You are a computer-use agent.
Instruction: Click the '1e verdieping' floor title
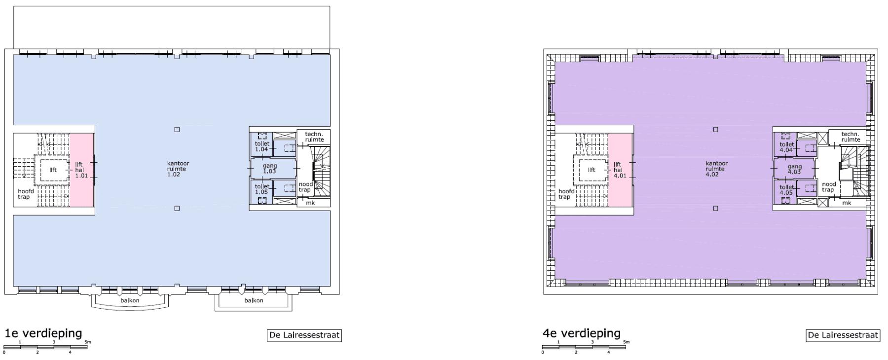(x=43, y=334)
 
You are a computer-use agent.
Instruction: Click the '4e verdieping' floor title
(x=582, y=334)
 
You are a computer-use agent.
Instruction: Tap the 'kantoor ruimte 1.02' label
(x=178, y=169)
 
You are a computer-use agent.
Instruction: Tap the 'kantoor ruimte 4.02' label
(x=716, y=169)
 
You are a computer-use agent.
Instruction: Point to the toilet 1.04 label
(x=262, y=146)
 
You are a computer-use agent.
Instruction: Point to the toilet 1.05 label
(x=262, y=189)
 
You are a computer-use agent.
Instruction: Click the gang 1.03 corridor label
(x=270, y=169)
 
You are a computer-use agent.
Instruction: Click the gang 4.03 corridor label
(x=794, y=169)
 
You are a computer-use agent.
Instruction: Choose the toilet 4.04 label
(x=787, y=147)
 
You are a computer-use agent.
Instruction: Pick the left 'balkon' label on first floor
(x=130, y=300)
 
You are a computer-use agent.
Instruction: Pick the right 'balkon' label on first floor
(x=254, y=300)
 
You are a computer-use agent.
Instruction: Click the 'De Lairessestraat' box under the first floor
(x=304, y=335)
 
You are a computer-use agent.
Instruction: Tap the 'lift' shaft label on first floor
(x=53, y=170)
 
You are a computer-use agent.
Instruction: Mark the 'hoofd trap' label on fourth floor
(x=564, y=194)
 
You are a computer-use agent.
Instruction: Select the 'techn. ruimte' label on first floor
(x=314, y=137)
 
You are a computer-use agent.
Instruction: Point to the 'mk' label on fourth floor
(x=847, y=203)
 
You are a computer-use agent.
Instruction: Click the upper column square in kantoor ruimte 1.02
(x=177, y=130)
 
